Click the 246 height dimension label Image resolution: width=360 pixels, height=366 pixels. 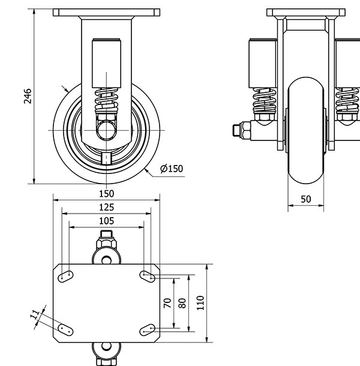click(x=28, y=96)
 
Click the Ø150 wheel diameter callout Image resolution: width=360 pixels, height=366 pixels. click(x=172, y=169)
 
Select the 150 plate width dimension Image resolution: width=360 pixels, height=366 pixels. click(x=106, y=194)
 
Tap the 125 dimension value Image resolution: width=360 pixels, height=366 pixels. click(x=106, y=207)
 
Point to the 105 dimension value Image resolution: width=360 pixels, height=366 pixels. click(x=106, y=221)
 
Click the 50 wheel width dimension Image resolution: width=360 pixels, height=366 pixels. click(x=306, y=199)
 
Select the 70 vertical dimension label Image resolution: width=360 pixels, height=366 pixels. click(x=168, y=303)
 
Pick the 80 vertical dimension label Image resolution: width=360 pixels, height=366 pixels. click(x=182, y=303)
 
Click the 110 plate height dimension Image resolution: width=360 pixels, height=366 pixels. click(x=200, y=303)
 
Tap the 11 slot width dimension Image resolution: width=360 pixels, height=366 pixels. click(x=35, y=313)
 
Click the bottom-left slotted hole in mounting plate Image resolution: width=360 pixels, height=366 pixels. click(x=66, y=329)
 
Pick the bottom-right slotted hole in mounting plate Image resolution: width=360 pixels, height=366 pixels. click(x=147, y=329)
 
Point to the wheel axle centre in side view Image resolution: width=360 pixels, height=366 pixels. click(x=106, y=130)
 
